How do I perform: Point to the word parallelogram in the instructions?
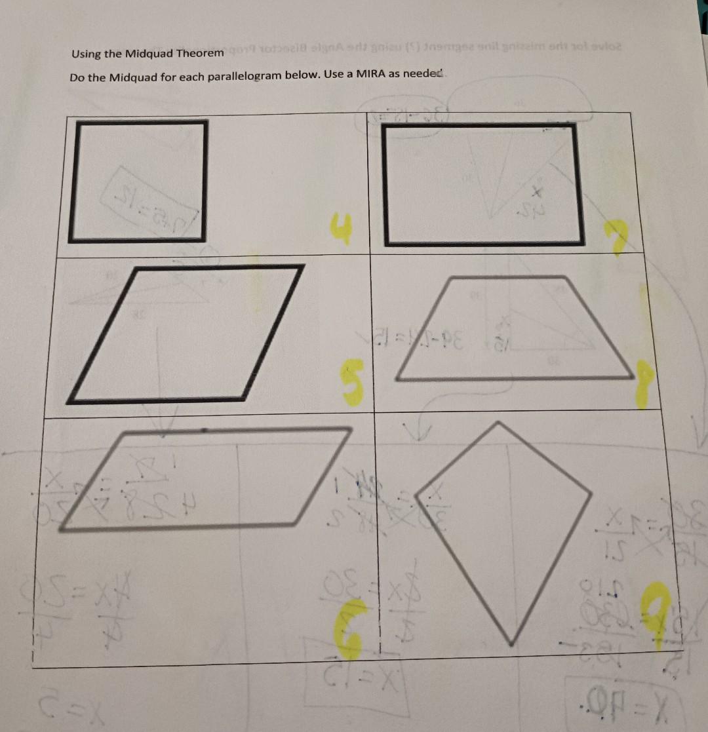245,77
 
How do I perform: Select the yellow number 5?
353,386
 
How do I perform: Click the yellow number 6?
351,629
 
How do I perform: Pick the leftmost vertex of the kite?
417,489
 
